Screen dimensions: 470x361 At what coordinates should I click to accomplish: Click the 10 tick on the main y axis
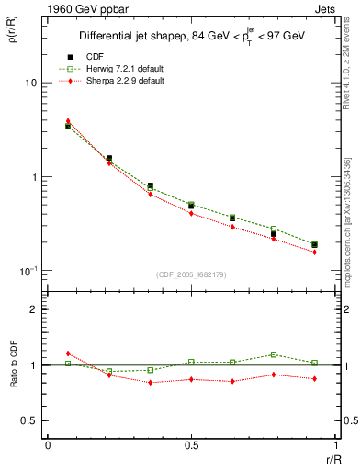pos(30,83)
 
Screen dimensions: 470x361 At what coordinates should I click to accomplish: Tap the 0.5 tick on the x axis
pos(190,445)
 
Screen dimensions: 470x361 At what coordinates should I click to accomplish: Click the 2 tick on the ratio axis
pos(34,309)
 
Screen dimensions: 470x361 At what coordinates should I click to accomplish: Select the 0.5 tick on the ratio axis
pos(29,420)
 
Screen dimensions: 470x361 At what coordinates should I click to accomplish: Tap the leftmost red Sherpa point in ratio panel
pos(68,352)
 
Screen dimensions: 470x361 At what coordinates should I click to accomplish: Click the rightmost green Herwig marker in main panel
pos(314,245)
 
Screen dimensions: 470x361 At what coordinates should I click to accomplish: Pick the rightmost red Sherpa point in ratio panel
pos(314,378)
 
